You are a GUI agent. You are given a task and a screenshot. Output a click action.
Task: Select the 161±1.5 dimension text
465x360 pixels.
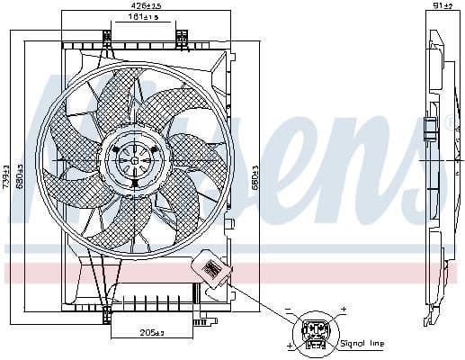pyautogui.click(x=144, y=17)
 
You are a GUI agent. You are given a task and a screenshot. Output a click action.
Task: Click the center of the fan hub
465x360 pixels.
pyautogui.click(x=135, y=159)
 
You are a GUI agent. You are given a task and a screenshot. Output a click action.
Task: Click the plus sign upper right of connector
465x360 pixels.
pyautogui.click(x=343, y=310)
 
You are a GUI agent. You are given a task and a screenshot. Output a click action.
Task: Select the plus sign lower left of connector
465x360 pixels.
pyautogui.click(x=289, y=346)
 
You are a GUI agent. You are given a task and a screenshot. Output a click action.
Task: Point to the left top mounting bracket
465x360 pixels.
pyautogui.click(x=109, y=38)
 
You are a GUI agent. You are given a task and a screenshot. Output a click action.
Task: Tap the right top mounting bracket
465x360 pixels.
pyautogui.click(x=182, y=38)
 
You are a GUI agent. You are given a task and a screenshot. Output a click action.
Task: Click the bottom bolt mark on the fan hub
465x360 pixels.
pyautogui.click(x=135, y=184)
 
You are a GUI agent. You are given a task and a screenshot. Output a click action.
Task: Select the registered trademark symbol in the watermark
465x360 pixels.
pyautogui.click(x=450, y=124)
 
